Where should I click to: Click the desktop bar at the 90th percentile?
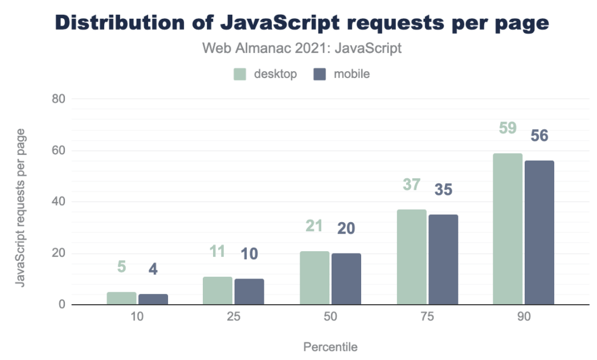[x=508, y=229]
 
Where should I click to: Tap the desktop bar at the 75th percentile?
[x=411, y=257]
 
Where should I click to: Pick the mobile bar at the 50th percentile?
[x=346, y=279]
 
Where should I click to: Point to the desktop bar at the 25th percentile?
[x=218, y=291]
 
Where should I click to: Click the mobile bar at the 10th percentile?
[x=153, y=299]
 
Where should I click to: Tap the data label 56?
[x=539, y=136]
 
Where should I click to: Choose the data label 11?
[x=218, y=251]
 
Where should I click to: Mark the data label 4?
[x=153, y=269]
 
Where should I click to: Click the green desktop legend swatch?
[x=240, y=74]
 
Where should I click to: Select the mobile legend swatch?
[x=320, y=74]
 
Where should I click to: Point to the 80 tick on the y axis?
[x=59, y=99]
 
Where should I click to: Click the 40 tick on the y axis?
[x=59, y=202]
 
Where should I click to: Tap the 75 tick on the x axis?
[x=427, y=317]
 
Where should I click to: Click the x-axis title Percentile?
[x=330, y=346]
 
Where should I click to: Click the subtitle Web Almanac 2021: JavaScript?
[x=302, y=48]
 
